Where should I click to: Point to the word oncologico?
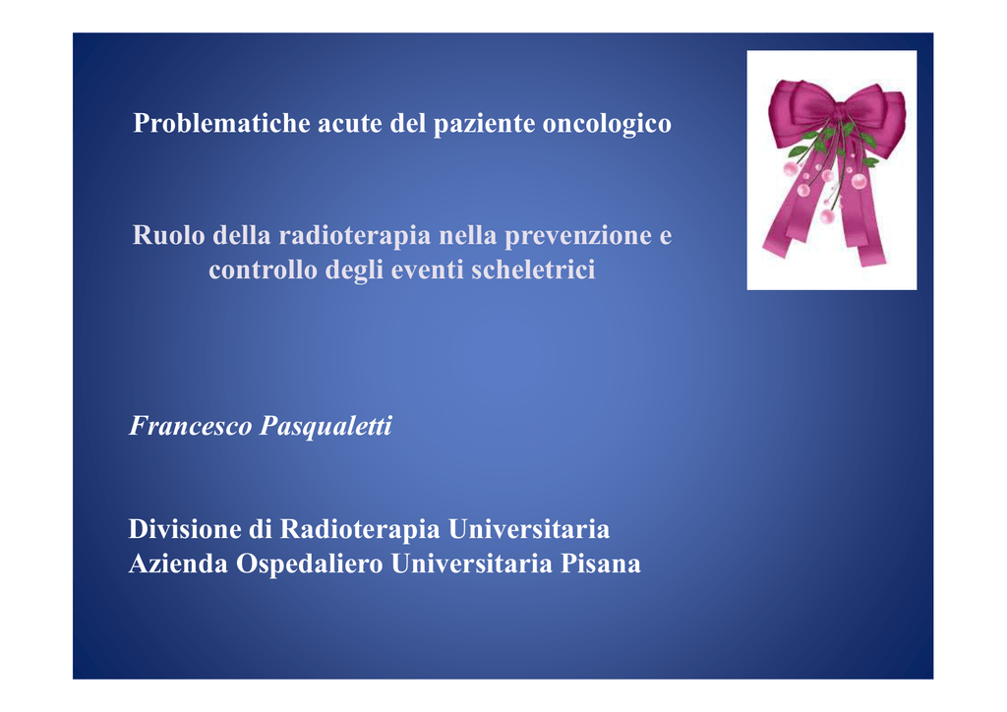tap(607, 124)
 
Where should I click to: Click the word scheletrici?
tap(533, 269)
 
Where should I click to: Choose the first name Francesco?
tap(191, 425)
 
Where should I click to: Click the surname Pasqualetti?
tap(326, 426)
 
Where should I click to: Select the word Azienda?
tap(178, 564)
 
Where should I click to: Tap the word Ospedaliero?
tap(309, 564)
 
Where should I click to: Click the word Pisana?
tap(601, 564)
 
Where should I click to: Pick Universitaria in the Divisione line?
tap(528, 529)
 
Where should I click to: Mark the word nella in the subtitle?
tap(467, 235)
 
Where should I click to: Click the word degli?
tap(354, 270)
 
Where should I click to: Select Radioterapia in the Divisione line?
tap(360, 530)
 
